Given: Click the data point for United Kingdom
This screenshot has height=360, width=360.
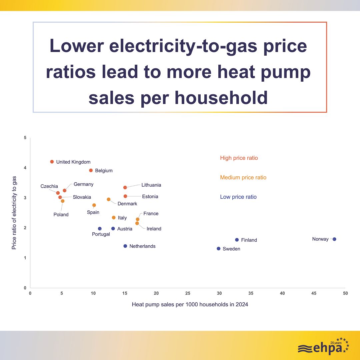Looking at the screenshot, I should pyautogui.click(x=52, y=162).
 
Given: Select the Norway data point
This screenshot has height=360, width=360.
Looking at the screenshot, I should pyautogui.click(x=334, y=239).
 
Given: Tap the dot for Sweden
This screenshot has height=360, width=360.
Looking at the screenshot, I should pyautogui.click(x=219, y=249).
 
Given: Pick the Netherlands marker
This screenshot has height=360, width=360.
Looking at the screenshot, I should pyautogui.click(x=125, y=246).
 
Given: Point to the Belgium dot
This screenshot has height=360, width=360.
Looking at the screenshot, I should pyautogui.click(x=91, y=170).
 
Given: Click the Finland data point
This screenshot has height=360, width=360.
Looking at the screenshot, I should pyautogui.click(x=237, y=240).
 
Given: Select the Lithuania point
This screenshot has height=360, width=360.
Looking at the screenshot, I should pyautogui.click(x=125, y=187).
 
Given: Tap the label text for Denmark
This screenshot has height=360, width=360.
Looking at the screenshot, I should pyautogui.click(x=127, y=204).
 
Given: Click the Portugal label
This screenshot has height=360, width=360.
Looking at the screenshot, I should pyautogui.click(x=101, y=234).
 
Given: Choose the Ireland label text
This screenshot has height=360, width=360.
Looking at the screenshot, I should pyautogui.click(x=154, y=229).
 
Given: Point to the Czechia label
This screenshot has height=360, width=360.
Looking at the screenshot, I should pyautogui.click(x=49, y=186).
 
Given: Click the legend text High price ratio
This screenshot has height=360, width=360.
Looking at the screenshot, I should pyautogui.click(x=239, y=158).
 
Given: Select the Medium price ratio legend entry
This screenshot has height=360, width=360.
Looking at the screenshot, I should pyautogui.click(x=243, y=177).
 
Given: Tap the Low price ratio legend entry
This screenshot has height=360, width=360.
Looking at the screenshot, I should pyautogui.click(x=238, y=197).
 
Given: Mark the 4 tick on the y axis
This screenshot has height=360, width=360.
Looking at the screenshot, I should pyautogui.click(x=25, y=168).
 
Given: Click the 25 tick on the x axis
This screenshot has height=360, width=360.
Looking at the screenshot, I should pyautogui.click(x=188, y=293).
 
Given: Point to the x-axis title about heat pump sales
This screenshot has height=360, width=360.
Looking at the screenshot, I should pyautogui.click(x=190, y=304).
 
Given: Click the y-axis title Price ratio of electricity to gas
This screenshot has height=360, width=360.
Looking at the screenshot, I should pyautogui.click(x=14, y=213).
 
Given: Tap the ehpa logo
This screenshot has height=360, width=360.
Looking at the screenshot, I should pyautogui.click(x=323, y=347).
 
